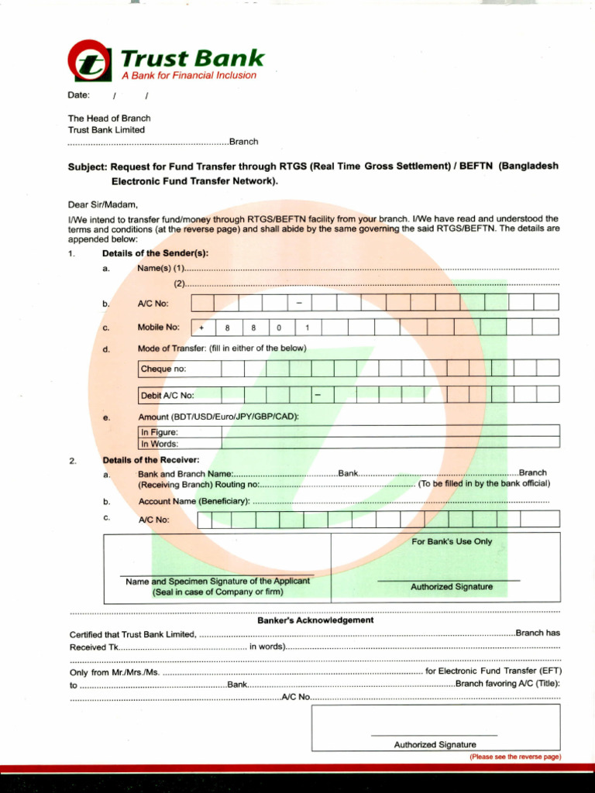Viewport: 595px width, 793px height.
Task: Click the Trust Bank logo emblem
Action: (90, 61)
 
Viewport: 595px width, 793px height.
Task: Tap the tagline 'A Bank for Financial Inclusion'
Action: (188, 76)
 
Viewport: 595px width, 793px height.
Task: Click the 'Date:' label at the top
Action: (79, 95)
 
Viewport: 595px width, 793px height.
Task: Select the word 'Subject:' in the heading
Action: (88, 166)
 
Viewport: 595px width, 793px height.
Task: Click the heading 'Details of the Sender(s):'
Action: (155, 253)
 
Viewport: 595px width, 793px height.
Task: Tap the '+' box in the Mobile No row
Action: (201, 328)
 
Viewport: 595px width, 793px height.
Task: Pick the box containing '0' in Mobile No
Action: (280, 328)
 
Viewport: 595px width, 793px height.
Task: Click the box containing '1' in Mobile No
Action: (307, 328)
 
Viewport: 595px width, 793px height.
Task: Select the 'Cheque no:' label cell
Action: (163, 369)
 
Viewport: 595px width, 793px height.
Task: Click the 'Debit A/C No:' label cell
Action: (167, 396)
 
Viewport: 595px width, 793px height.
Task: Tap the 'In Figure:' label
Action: (160, 432)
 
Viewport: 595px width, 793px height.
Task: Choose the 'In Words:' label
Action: (160, 444)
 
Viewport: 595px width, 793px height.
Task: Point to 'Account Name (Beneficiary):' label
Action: (194, 501)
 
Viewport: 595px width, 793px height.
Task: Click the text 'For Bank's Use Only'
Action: (452, 542)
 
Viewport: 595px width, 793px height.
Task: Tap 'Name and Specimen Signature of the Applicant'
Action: (217, 582)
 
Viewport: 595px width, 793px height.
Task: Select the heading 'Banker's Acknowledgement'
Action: (315, 620)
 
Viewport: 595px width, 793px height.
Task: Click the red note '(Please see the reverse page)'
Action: (514, 757)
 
